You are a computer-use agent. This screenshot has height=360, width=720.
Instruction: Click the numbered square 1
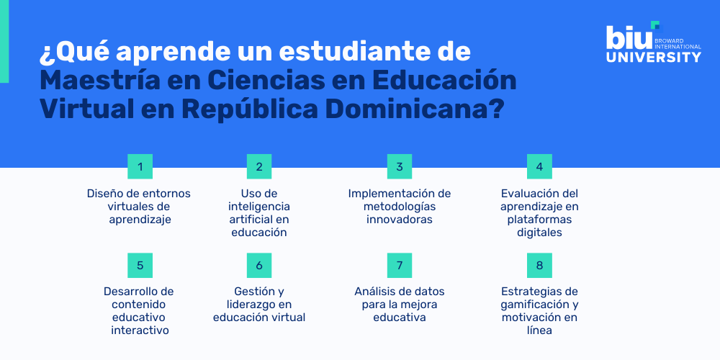click(x=140, y=166)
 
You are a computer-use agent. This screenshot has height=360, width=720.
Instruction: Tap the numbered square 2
click(x=259, y=166)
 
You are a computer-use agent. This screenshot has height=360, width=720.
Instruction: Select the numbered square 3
click(x=399, y=166)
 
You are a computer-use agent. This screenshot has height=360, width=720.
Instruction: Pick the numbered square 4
click(x=539, y=166)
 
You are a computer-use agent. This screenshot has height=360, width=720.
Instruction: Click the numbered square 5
click(x=140, y=265)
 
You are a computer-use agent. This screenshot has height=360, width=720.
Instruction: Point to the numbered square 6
click(x=259, y=265)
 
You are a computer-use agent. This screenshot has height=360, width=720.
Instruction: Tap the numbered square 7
click(x=399, y=265)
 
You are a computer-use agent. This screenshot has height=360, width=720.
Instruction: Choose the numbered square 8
click(x=539, y=265)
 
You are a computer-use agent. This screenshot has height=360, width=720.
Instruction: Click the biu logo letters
click(x=628, y=36)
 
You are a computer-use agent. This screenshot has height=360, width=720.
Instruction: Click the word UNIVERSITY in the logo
click(x=653, y=57)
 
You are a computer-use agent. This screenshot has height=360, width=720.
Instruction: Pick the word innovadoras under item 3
click(x=399, y=220)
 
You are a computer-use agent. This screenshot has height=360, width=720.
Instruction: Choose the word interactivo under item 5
click(x=140, y=330)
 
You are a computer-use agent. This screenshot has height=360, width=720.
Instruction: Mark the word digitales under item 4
click(x=539, y=233)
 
